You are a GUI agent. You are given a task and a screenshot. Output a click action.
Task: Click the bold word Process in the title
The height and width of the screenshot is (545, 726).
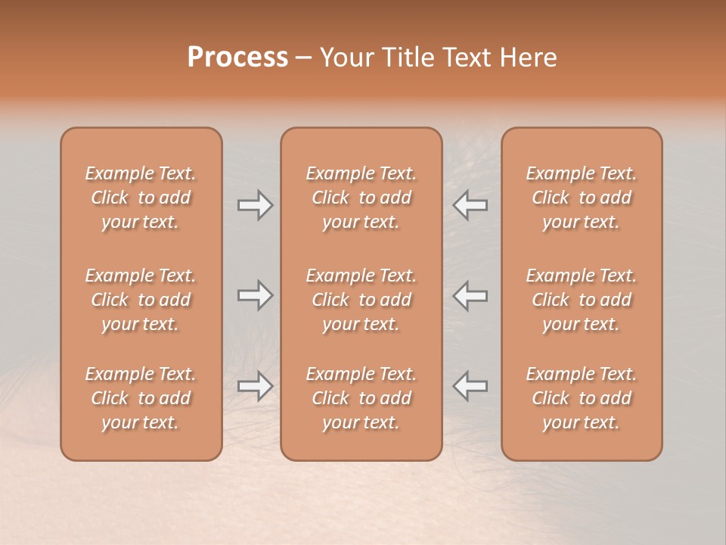coord(237,58)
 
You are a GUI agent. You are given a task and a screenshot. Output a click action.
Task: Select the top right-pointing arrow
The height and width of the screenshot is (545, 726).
coord(255,204)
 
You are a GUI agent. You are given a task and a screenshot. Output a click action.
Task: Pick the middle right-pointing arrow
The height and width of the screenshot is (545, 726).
coord(255,295)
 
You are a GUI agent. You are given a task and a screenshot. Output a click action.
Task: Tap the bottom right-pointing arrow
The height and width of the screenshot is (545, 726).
coord(255,385)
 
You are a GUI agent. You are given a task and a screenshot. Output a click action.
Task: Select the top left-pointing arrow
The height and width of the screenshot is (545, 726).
coord(470,204)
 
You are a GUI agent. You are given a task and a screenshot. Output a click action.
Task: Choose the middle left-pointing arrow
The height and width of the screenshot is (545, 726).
coord(470,295)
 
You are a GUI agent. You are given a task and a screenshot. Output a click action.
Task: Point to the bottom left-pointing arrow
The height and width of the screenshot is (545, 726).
coord(470,385)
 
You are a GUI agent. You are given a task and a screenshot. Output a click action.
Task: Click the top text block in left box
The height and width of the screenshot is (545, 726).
coord(141,198)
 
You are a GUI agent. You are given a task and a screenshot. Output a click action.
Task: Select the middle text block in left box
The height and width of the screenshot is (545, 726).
coord(141,300)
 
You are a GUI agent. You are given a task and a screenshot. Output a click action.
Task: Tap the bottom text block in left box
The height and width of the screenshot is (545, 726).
coord(141,398)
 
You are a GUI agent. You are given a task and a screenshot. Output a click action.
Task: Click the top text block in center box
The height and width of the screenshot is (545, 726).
coord(361,198)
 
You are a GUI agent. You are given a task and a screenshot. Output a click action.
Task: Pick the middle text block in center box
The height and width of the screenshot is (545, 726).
coord(361,300)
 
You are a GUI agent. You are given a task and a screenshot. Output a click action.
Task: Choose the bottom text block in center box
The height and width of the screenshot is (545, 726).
coord(361,398)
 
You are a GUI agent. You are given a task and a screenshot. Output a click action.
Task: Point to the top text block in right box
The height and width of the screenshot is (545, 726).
coord(582,198)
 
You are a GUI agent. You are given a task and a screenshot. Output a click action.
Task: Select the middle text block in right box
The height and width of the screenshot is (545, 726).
coord(582,300)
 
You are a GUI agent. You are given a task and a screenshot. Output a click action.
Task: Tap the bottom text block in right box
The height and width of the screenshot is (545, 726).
coord(582,398)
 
